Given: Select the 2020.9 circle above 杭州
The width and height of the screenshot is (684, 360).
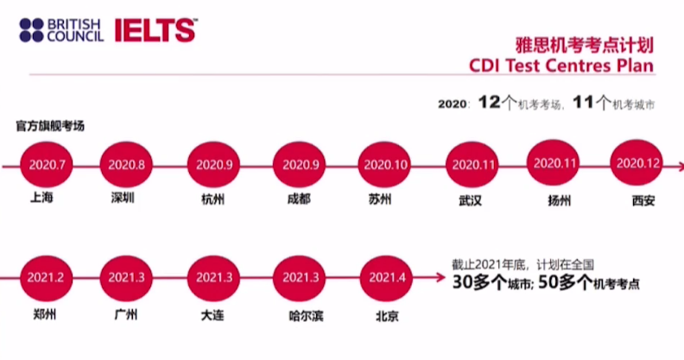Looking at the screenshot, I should pyautogui.click(x=213, y=163).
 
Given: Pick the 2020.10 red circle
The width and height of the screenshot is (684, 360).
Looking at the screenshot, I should pyautogui.click(x=385, y=164).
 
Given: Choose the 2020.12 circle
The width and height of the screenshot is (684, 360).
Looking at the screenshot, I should pyautogui.click(x=637, y=162).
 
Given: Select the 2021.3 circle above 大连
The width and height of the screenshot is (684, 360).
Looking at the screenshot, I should pyautogui.click(x=213, y=277).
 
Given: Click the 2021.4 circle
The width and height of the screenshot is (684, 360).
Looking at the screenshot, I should pyautogui.click(x=385, y=277).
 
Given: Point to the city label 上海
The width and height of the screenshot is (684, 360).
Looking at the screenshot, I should pyautogui.click(x=41, y=199).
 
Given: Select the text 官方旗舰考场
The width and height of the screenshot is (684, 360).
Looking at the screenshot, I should pyautogui.click(x=49, y=125).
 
